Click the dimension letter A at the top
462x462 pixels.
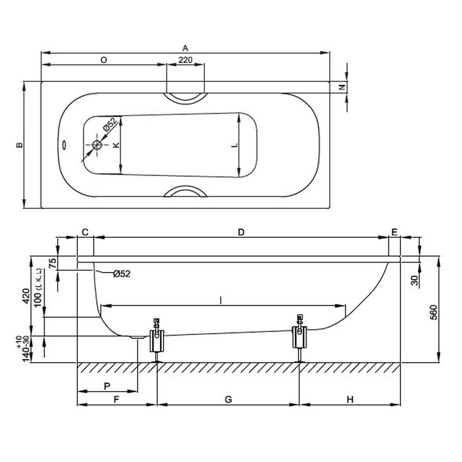click(185, 48)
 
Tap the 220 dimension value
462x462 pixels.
click(185, 60)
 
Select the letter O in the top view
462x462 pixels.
click(104, 60)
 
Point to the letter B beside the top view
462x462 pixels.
click(19, 145)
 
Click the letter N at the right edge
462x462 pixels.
click(342, 87)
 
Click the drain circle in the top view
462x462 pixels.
click(97, 145)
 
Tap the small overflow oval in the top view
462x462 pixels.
click(64, 145)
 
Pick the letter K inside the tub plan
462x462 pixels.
click(116, 145)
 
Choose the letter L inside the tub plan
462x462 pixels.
click(234, 145)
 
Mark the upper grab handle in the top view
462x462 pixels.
click(185, 98)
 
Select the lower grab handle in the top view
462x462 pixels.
click(185, 191)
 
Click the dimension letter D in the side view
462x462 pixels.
click(241, 232)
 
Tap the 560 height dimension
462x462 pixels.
click(434, 312)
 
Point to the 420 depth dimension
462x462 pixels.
click(26, 296)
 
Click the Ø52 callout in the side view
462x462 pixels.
click(122, 274)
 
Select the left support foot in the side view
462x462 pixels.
click(157, 340)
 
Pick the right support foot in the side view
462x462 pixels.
click(300, 338)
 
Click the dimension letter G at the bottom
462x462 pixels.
click(228, 399)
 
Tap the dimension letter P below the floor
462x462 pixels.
click(107, 386)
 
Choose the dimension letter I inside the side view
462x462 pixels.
click(221, 300)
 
